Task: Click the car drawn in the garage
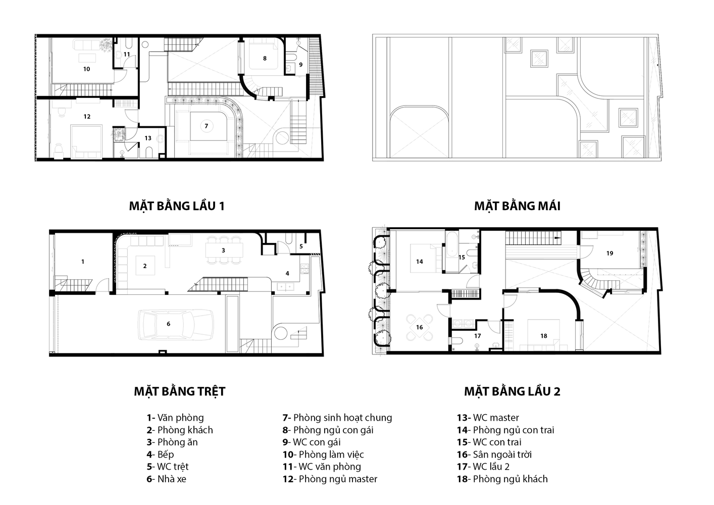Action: click(x=176, y=325)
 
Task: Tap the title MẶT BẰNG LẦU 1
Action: click(x=177, y=206)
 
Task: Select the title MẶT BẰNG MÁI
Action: click(x=517, y=206)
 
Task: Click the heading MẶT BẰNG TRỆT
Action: click(x=180, y=391)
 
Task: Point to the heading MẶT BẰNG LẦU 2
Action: click(x=512, y=391)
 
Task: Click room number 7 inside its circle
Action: click(x=206, y=126)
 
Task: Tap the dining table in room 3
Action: click(x=224, y=250)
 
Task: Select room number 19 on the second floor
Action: click(x=609, y=254)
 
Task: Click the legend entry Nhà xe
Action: click(x=167, y=479)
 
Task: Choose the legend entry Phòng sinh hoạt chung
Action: click(x=337, y=418)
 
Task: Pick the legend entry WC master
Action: click(x=488, y=418)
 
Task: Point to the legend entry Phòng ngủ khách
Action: click(x=502, y=479)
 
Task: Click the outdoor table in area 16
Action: click(x=419, y=327)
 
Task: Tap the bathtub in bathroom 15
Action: click(x=451, y=245)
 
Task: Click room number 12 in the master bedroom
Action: click(x=87, y=117)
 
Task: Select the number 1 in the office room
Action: click(x=83, y=262)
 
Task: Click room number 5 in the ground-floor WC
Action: click(x=301, y=246)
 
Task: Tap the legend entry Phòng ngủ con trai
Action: click(x=505, y=430)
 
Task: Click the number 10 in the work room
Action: click(x=87, y=69)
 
